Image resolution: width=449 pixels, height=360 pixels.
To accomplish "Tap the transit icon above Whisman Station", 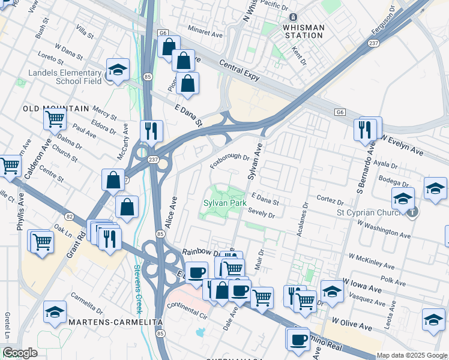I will (x=293, y=17).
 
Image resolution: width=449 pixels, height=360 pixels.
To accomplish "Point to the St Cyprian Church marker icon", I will (x=412, y=212).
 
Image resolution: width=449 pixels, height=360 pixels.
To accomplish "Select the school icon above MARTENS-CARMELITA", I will (x=55, y=312).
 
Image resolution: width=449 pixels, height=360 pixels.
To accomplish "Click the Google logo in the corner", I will (x=20, y=353).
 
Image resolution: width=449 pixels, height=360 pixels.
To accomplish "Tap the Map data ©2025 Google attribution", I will (x=412, y=355).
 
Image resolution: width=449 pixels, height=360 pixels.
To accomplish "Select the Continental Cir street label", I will (x=186, y=310).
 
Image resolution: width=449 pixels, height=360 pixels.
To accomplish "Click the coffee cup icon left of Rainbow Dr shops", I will (x=196, y=272).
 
